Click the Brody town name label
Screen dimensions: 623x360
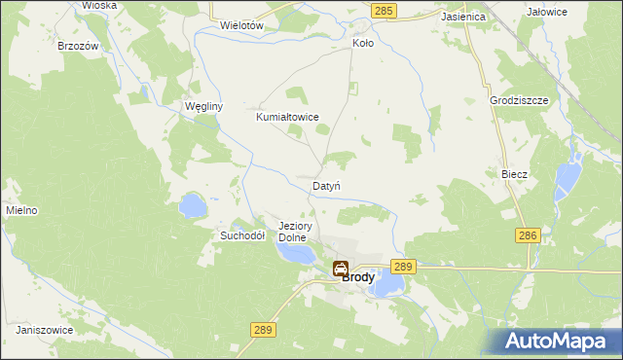358,276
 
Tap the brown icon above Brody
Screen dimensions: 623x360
340,270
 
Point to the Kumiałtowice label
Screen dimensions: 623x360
287,117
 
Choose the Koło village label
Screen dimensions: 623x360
362,44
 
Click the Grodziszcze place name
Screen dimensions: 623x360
521,100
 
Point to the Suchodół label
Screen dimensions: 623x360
242,235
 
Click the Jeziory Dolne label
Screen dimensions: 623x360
293,231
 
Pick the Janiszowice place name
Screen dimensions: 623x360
46,330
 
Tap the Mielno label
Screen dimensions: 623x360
21,210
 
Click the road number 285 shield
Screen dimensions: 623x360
384,10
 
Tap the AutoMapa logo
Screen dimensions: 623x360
559,342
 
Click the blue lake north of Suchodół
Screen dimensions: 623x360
192,205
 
